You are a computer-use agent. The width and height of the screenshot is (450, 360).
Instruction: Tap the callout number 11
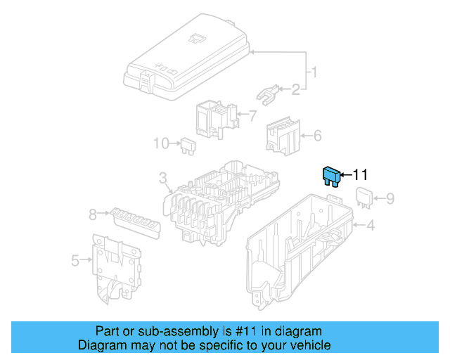(360, 175)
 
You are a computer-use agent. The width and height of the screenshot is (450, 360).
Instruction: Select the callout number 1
(316, 72)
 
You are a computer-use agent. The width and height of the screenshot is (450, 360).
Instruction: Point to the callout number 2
(296, 89)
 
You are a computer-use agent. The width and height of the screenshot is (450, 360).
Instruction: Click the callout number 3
(162, 177)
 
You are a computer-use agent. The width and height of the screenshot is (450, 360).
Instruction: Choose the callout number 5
(75, 262)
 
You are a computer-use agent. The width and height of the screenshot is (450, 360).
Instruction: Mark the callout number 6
(317, 136)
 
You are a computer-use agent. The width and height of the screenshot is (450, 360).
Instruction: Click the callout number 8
(91, 214)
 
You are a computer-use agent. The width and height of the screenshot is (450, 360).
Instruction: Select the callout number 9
(390, 199)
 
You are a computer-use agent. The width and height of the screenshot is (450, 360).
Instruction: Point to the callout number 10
(162, 143)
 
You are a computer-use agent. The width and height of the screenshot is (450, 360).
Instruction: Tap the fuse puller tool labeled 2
(267, 92)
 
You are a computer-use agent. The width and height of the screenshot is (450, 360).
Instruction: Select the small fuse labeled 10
(188, 145)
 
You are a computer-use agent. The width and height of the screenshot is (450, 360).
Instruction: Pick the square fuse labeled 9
(364, 198)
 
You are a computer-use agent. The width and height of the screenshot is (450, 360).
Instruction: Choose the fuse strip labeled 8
(134, 221)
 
